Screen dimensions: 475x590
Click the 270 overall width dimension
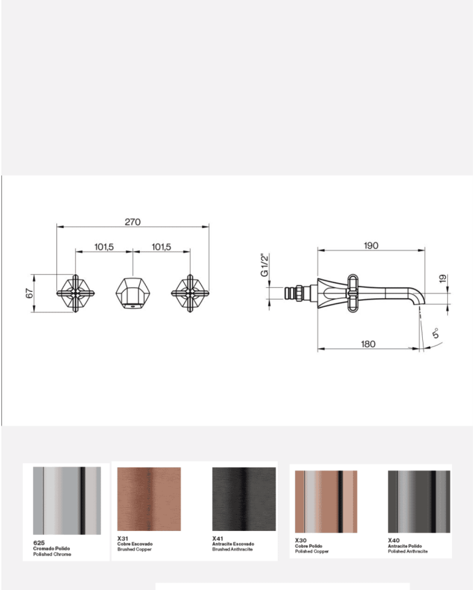(132, 221)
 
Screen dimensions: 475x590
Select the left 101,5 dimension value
(104, 247)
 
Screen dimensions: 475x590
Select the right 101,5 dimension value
(161, 247)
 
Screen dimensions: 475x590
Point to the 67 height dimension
(30, 293)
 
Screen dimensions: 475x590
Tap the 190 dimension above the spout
(370, 245)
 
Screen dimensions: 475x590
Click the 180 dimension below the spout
(368, 344)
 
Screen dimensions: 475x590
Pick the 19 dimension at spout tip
(442, 278)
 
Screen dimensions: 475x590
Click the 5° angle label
(436, 333)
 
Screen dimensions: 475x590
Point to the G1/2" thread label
(265, 265)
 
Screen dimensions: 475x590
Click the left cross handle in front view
(75, 293)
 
